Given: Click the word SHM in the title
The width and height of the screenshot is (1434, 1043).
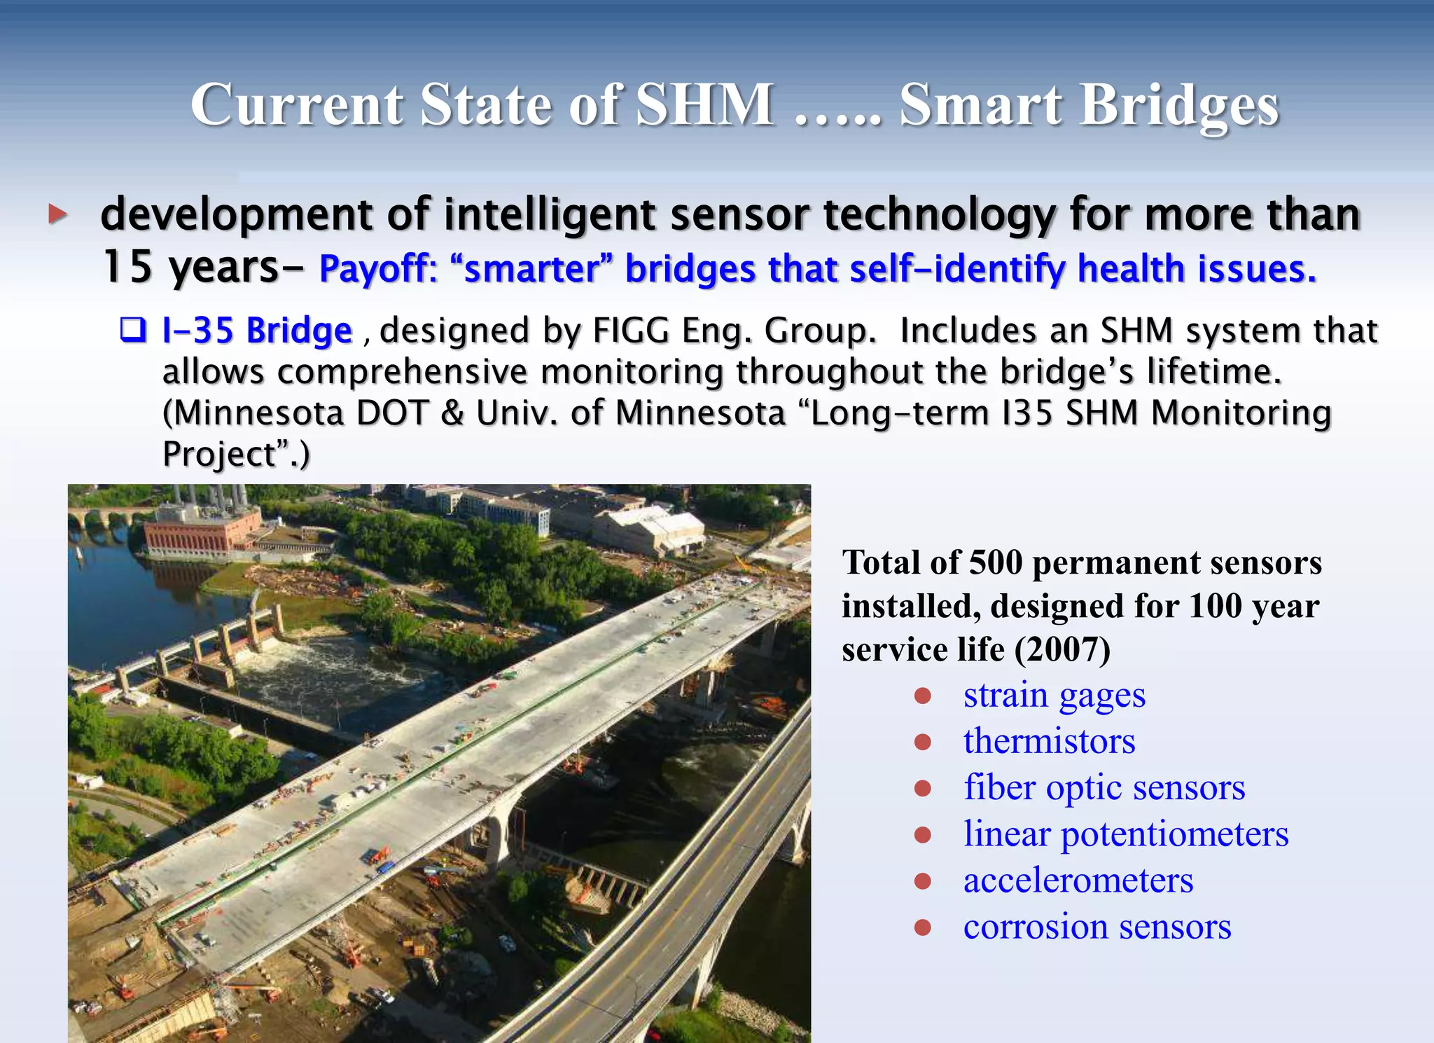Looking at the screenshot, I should [x=704, y=105].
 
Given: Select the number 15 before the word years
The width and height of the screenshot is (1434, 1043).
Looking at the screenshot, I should [x=127, y=267].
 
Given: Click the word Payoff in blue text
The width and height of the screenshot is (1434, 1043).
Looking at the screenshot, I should [x=377, y=269].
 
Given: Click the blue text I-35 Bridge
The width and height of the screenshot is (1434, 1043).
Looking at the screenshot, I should [x=257, y=331].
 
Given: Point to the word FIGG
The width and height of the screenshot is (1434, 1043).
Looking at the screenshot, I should [x=631, y=331].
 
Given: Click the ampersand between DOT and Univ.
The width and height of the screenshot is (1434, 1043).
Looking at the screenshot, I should [x=452, y=413].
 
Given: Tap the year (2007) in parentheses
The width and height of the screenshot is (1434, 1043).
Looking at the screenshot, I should [x=1062, y=649].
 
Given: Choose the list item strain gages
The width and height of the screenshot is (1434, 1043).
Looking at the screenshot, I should [x=1054, y=696].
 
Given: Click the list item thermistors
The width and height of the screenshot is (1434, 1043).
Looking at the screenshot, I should [x=1049, y=742].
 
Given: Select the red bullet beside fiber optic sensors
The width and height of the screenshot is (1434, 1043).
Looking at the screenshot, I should [x=923, y=789].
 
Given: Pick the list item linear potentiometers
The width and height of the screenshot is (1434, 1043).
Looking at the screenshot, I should [x=1125, y=834].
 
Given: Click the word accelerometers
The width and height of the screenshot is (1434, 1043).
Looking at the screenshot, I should [x=1078, y=880].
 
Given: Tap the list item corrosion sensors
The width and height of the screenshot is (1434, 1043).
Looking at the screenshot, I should [x=1097, y=927].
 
